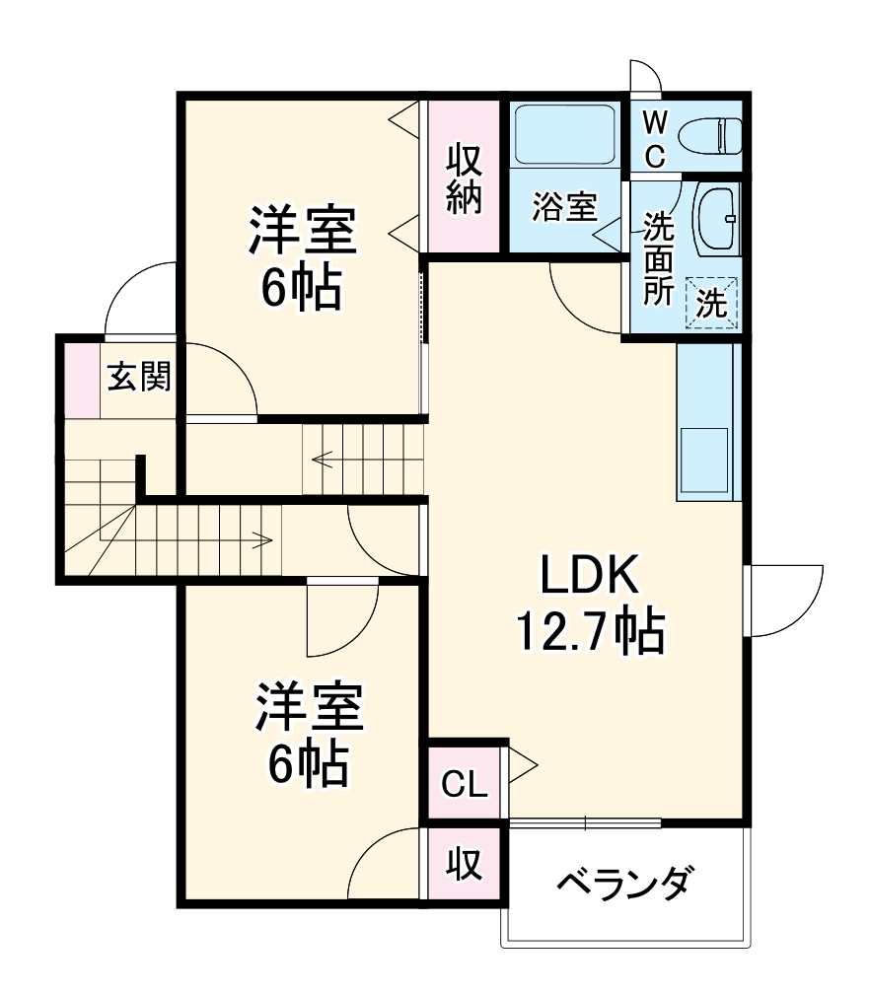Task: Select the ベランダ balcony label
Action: [624, 881]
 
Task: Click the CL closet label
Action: [463, 786]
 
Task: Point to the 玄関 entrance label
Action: [139, 377]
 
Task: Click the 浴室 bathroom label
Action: [564, 207]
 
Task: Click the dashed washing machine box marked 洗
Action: [712, 302]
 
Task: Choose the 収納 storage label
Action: [463, 180]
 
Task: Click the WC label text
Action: [655, 139]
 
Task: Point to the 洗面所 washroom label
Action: [657, 258]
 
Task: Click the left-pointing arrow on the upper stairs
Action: [322, 458]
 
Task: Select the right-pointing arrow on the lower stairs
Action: [262, 538]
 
